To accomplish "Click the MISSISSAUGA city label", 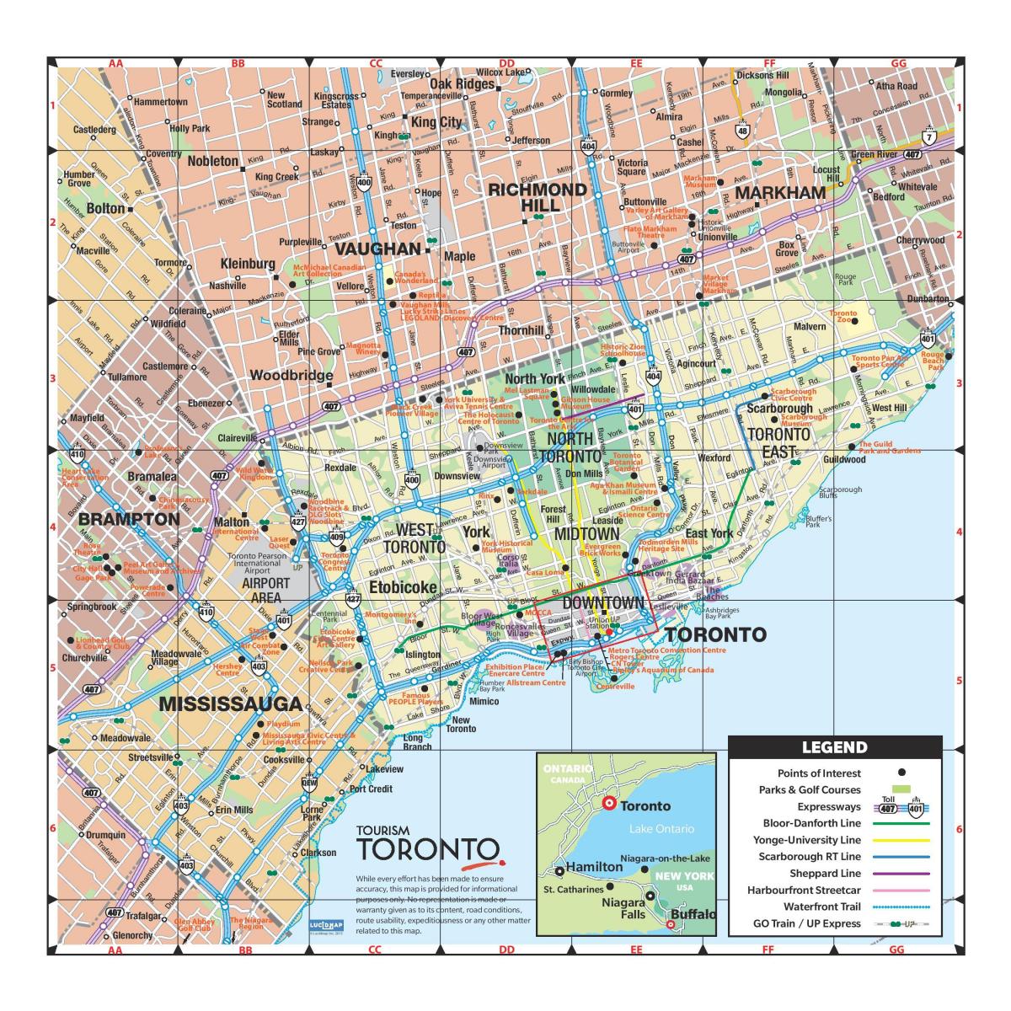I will pyautogui.click(x=230, y=704).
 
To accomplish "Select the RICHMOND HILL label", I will pyautogui.click(x=538, y=197).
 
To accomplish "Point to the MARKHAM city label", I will pyautogui.click(x=780, y=193).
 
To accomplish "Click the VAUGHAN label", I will pyautogui.click(x=377, y=249).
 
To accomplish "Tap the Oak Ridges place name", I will pyautogui.click(x=462, y=84).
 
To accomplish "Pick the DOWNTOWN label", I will pyautogui.click(x=602, y=602).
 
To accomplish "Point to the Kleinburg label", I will pyautogui.click(x=248, y=264).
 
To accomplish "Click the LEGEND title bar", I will pyautogui.click(x=834, y=746).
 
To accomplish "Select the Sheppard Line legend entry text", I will pyautogui.click(x=825, y=874).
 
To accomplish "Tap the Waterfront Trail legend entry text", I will pyautogui.click(x=822, y=907).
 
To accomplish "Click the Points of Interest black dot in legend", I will pyautogui.click(x=901, y=773).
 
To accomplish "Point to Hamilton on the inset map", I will pyautogui.click(x=594, y=867).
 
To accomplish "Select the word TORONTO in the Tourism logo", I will pyautogui.click(x=428, y=849).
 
